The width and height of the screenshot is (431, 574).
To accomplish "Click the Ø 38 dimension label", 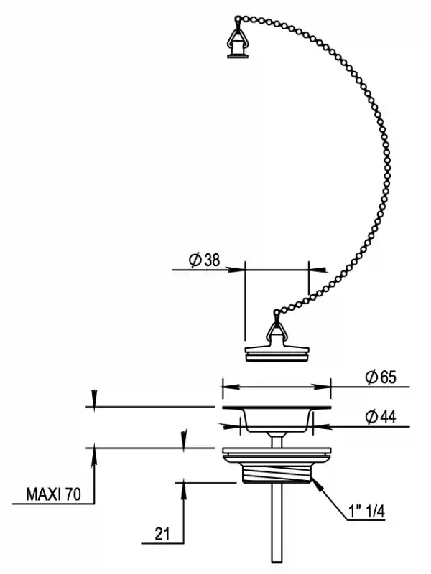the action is (205, 260).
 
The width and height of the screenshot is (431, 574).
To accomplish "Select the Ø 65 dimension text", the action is (381, 377).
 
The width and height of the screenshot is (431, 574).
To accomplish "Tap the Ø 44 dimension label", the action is (381, 417).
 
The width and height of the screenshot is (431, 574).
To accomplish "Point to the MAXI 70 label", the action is (53, 494).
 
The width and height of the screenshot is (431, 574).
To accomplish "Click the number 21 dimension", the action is (162, 534).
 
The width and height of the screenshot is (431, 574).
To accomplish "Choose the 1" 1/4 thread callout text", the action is (366, 512).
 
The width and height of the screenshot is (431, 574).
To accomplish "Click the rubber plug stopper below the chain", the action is (277, 352).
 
